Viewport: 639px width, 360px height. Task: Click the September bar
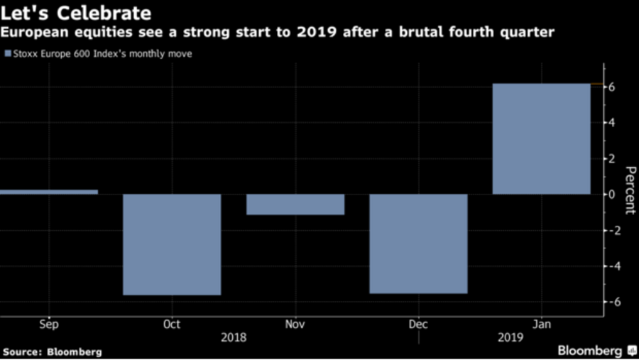tap(48, 192)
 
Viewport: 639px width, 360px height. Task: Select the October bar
tap(172, 244)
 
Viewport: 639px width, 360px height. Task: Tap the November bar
tap(295, 204)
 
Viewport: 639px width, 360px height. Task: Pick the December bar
tap(418, 244)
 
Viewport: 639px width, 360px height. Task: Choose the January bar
tap(541, 139)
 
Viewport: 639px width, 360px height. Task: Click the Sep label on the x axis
tap(48, 324)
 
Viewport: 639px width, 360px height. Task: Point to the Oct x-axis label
tap(172, 324)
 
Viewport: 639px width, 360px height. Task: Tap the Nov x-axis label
tap(295, 324)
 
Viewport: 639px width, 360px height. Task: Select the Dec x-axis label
tap(418, 324)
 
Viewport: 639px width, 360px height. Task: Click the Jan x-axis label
tap(541, 324)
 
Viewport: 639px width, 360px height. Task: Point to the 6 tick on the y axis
tap(610, 87)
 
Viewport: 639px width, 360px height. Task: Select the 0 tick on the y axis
tap(610, 195)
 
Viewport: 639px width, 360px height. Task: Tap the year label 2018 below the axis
tap(234, 337)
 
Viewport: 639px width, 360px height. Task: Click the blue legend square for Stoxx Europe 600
tap(7, 53)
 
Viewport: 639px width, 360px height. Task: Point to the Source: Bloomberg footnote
tap(52, 351)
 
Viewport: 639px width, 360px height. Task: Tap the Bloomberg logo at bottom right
tap(596, 351)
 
